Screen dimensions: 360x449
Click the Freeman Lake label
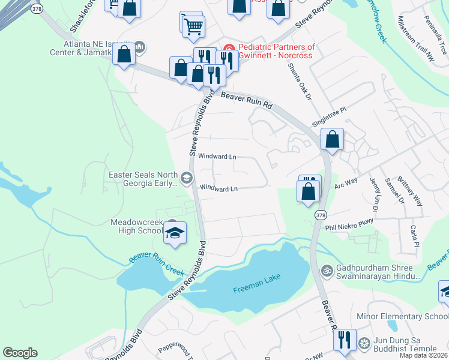pyautogui.click(x=256, y=290)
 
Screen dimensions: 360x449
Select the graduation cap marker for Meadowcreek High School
pyautogui.click(x=175, y=233)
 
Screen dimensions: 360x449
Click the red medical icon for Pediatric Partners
pyautogui.click(x=229, y=47)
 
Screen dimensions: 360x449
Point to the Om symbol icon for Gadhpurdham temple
pyautogui.click(x=327, y=270)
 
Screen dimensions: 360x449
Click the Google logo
pyautogui.click(x=20, y=353)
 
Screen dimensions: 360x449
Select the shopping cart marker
pyautogui.click(x=193, y=25)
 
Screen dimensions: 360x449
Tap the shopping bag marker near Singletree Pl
pyautogui.click(x=332, y=139)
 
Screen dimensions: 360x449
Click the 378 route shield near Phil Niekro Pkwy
pyautogui.click(x=307, y=215)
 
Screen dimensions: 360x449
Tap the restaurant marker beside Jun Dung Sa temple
pyautogui.click(x=345, y=339)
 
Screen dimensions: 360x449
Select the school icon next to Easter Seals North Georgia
pyautogui.click(x=187, y=177)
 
